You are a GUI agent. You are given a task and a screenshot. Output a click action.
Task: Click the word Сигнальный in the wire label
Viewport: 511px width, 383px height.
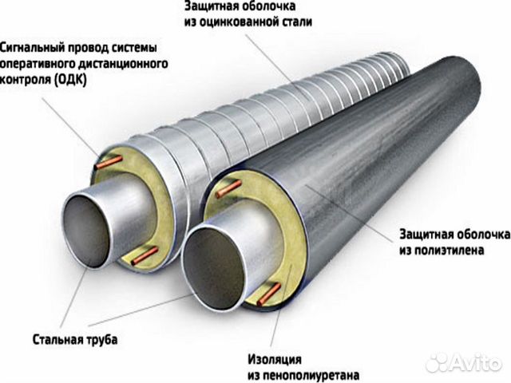[x=32, y=48]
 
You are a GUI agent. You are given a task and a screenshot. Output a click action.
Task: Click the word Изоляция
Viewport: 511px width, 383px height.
[x=275, y=359]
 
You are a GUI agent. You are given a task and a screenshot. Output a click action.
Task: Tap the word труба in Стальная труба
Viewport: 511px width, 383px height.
[x=101, y=340]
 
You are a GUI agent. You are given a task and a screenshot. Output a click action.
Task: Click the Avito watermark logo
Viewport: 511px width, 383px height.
[x=464, y=361]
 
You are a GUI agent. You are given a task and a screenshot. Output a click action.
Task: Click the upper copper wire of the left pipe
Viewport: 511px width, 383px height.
[x=109, y=163]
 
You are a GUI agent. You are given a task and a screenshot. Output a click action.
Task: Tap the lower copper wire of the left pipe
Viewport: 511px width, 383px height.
[x=145, y=255]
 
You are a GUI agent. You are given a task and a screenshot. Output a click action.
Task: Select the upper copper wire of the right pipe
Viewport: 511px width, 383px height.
[x=229, y=189]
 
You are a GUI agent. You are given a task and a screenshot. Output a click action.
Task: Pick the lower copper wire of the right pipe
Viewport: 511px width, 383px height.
[x=269, y=294]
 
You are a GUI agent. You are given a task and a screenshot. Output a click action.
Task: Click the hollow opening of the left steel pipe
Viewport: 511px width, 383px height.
[x=85, y=231]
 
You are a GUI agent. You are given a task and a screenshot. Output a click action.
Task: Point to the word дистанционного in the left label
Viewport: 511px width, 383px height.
[x=123, y=64]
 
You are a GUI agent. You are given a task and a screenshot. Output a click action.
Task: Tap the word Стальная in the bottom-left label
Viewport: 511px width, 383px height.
[x=57, y=340]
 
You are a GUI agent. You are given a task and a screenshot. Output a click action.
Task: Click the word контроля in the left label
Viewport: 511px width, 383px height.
[x=26, y=80]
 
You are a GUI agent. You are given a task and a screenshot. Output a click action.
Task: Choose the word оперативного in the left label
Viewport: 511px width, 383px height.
[x=38, y=64]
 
